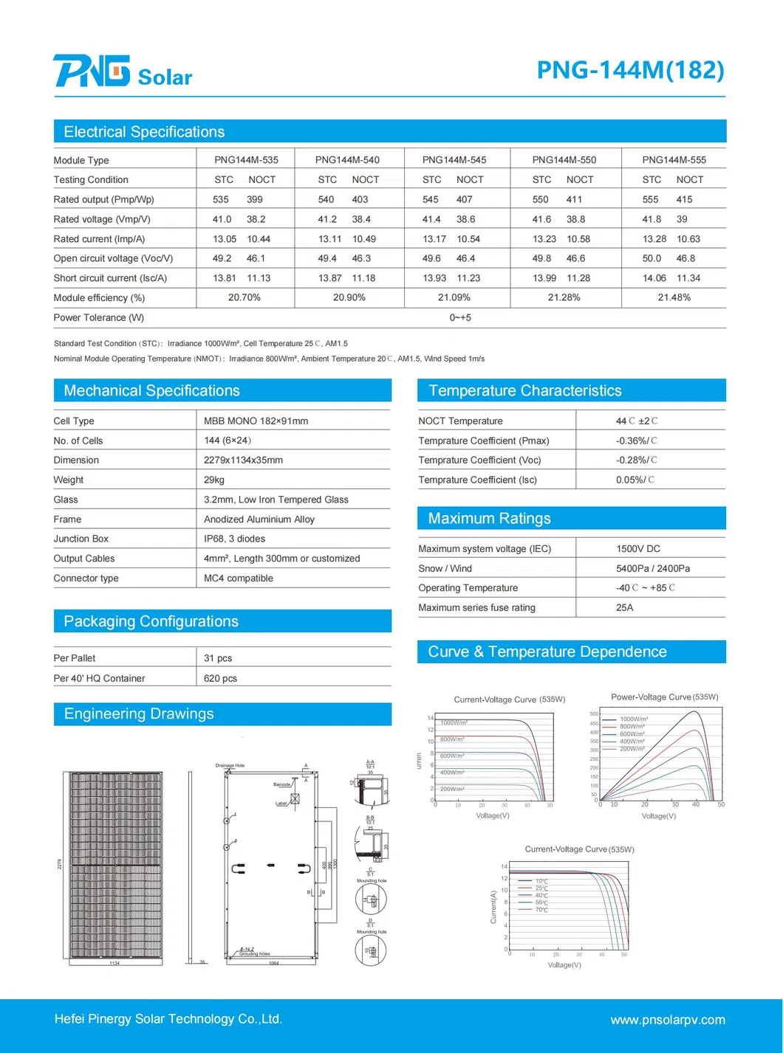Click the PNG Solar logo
click(123, 72)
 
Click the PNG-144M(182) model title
click(630, 70)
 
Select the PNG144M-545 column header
click(454, 159)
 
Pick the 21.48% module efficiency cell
click(674, 297)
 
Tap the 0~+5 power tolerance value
click(460, 317)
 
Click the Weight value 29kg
click(214, 480)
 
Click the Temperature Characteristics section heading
click(524, 390)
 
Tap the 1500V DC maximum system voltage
click(638, 548)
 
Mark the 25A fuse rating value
click(625, 607)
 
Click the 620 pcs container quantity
click(220, 678)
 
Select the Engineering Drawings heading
click(138, 714)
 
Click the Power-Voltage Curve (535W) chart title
click(664, 697)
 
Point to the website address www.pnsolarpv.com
click(667, 1020)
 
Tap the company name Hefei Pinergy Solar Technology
click(168, 1019)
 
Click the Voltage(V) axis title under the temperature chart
click(564, 964)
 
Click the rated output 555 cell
click(650, 199)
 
